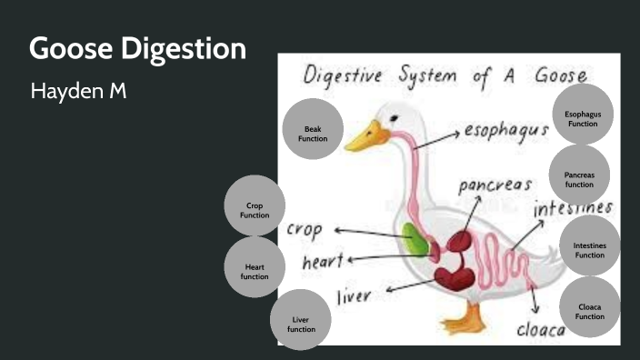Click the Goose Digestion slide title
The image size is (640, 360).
[x=137, y=49]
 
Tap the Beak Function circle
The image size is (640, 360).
[x=313, y=129]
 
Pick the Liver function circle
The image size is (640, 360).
[x=301, y=319]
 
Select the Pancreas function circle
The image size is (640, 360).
[x=579, y=175]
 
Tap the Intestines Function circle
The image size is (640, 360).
[x=589, y=246]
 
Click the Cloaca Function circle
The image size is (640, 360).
[x=589, y=307]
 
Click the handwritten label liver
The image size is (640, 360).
[x=357, y=296]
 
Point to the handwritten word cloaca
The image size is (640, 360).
[x=541, y=329]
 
